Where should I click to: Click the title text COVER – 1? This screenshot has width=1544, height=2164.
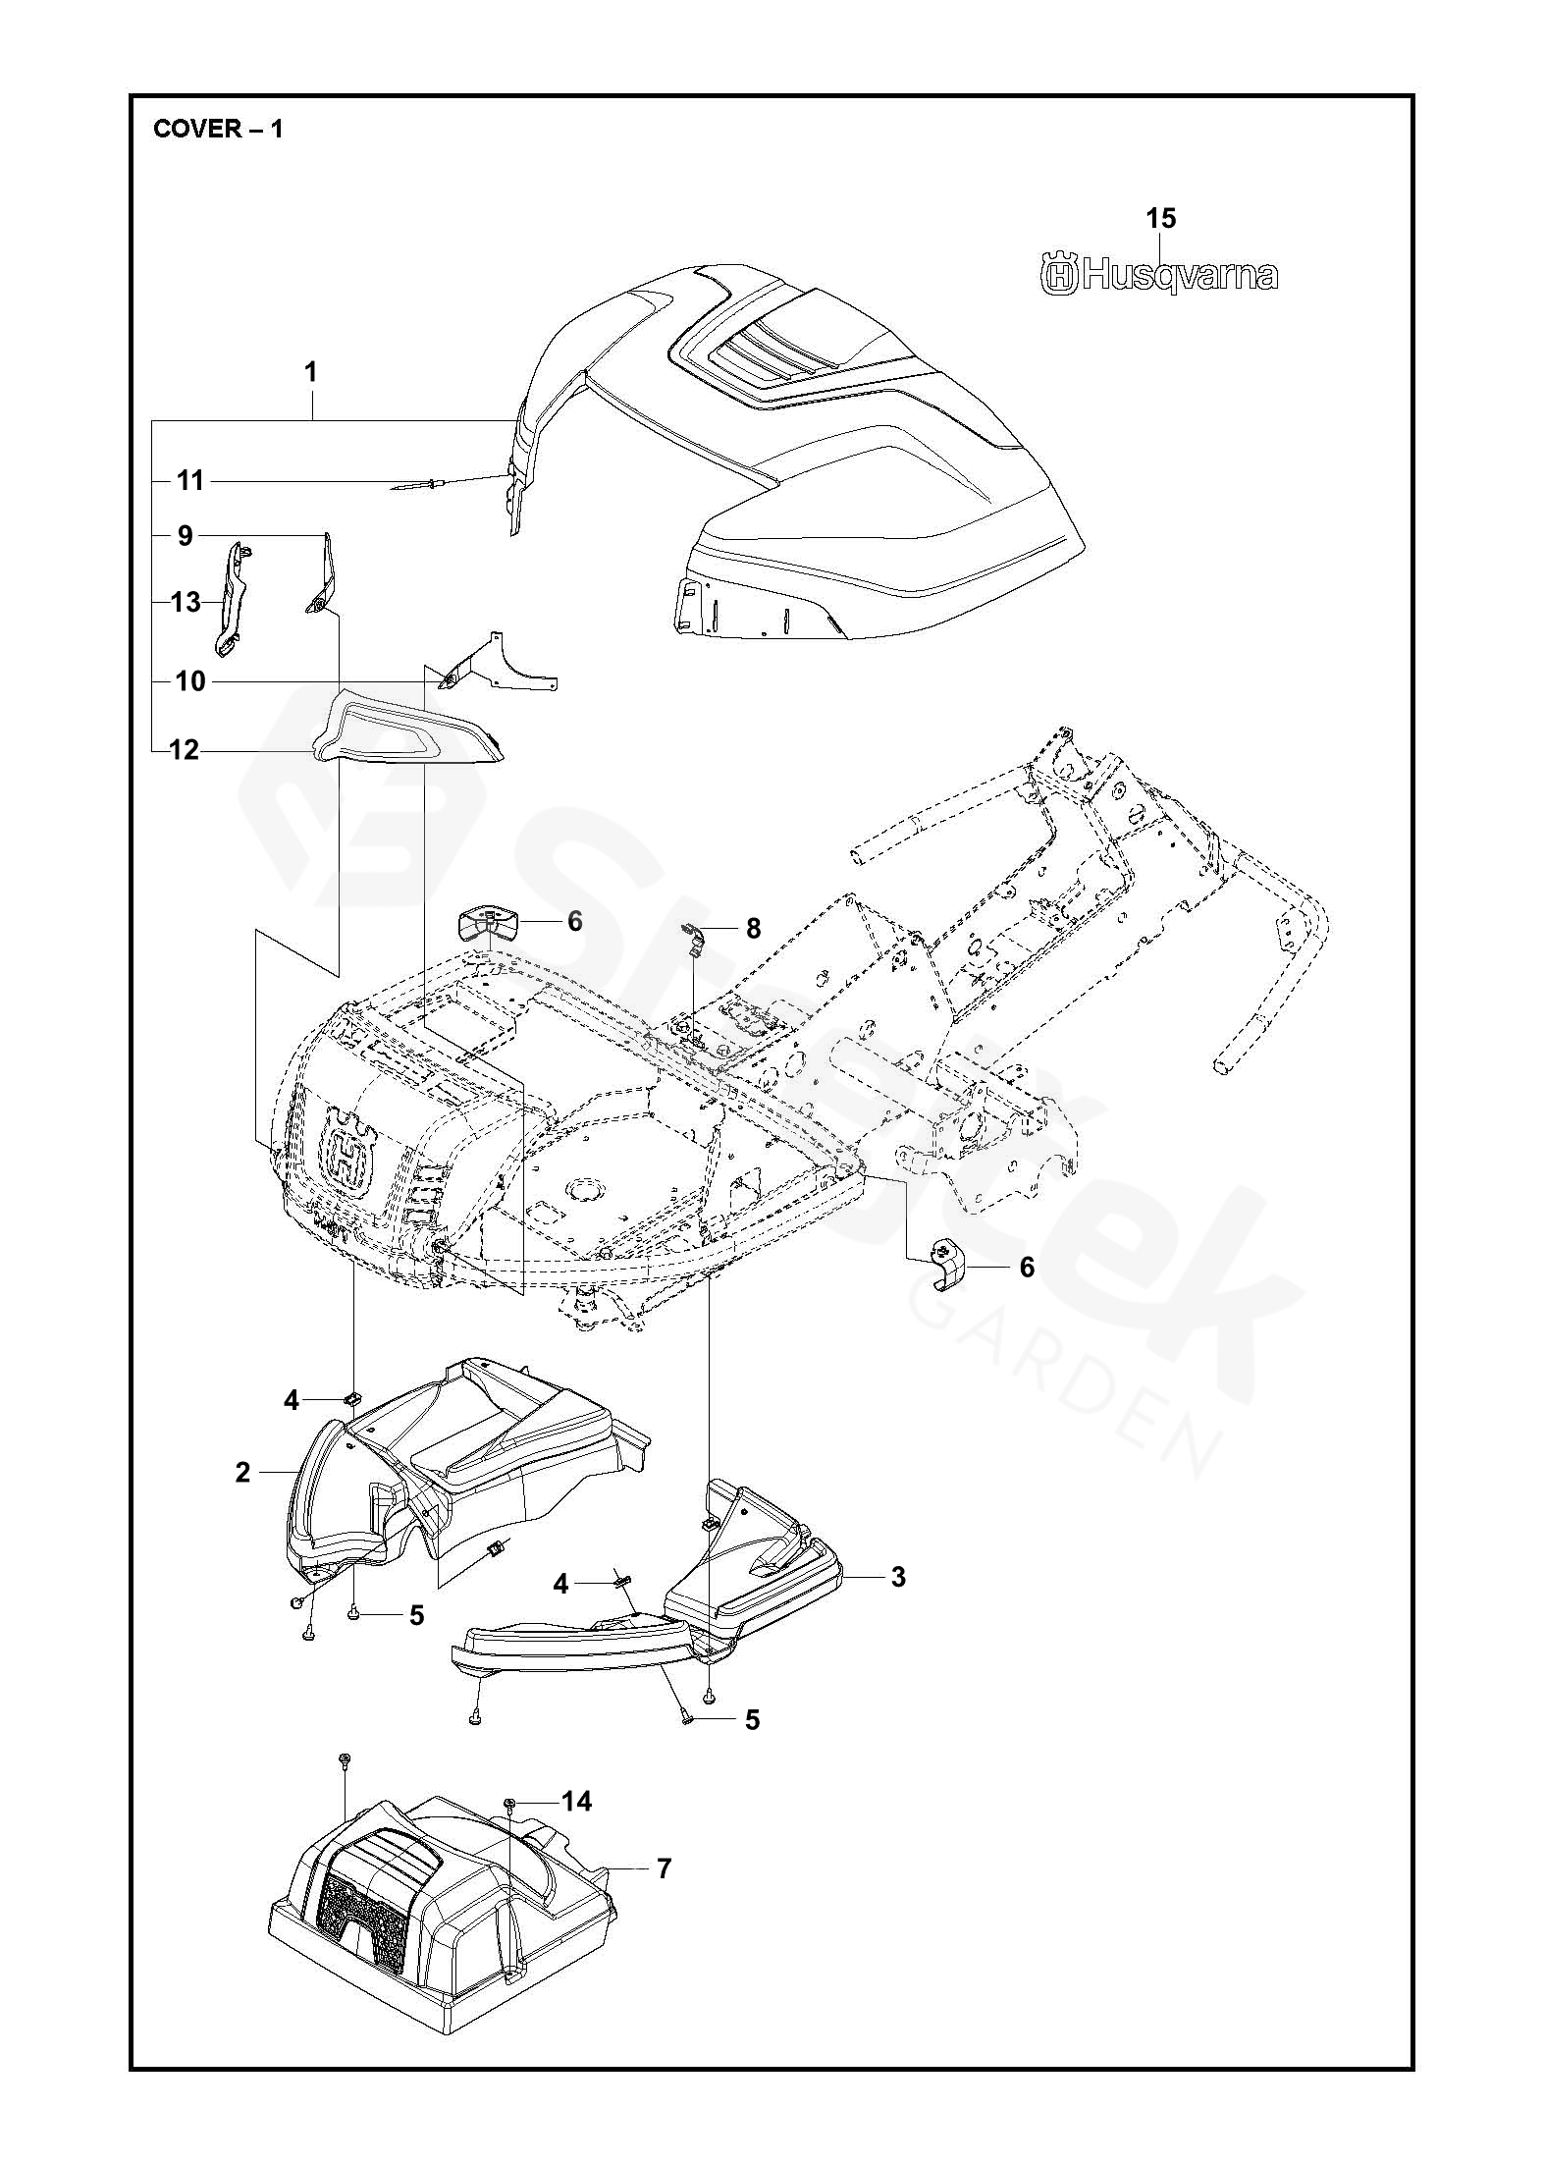(218, 129)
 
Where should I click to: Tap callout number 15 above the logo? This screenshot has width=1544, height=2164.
(1160, 218)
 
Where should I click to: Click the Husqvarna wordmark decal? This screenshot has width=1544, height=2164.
(1159, 276)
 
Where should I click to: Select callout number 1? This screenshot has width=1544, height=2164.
(311, 373)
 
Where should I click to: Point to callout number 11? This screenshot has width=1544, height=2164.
(190, 480)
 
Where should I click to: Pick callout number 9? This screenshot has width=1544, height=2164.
(186, 536)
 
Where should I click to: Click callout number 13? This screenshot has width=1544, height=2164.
(186, 601)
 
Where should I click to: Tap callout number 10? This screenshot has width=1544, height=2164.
(190, 680)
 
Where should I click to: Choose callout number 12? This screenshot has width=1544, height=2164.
(184, 750)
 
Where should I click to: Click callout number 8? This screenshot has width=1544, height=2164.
(753, 928)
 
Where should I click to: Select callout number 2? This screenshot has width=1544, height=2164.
(242, 1499)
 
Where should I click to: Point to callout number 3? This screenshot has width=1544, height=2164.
(897, 1576)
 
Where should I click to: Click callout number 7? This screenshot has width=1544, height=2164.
(665, 1868)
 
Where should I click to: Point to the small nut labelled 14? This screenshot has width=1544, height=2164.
(511, 1802)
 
